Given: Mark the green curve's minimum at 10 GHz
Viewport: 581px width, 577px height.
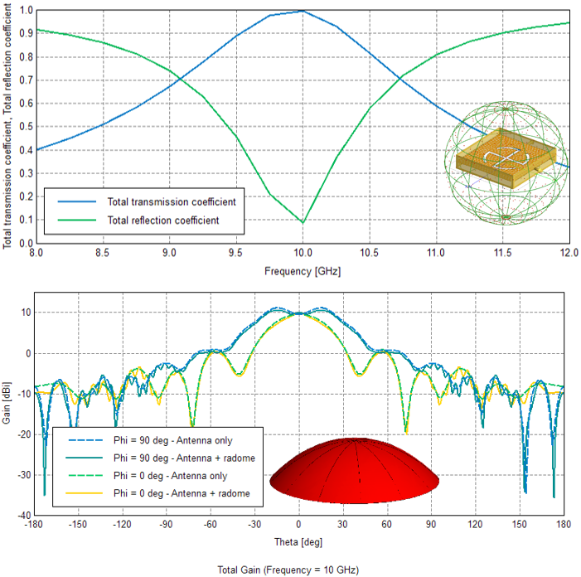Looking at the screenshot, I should click(303, 222).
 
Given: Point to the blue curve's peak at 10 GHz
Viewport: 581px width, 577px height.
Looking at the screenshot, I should click(303, 11).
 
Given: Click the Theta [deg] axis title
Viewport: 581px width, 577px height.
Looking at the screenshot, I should click(299, 541).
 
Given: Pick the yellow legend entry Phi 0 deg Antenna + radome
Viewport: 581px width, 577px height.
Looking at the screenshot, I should click(182, 494).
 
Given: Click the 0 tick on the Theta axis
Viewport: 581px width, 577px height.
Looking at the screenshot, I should click(299, 524).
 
